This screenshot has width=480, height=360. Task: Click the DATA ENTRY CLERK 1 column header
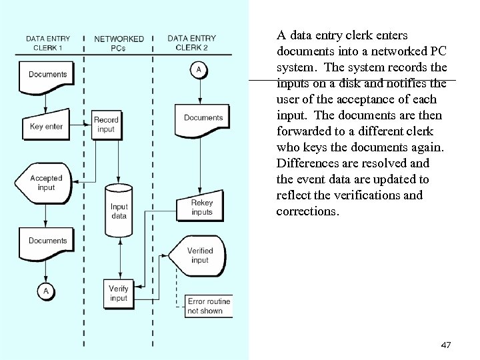point(48,43)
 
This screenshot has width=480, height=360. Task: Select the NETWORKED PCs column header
point(119,43)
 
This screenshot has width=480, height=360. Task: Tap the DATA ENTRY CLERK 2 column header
point(191,43)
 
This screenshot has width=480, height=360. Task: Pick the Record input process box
point(106,125)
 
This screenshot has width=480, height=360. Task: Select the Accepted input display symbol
point(46,183)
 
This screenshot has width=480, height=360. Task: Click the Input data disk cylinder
point(119,211)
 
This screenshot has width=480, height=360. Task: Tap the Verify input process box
point(119,293)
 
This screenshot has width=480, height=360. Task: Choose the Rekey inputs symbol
point(201,207)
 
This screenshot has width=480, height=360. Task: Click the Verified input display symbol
point(199,255)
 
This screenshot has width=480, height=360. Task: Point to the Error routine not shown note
point(209,306)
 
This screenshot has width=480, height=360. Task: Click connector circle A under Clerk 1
point(46,291)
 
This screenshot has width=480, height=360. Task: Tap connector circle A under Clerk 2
point(198,70)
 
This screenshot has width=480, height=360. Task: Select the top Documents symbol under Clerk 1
point(47,75)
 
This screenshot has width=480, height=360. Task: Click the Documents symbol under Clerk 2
point(203,118)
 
